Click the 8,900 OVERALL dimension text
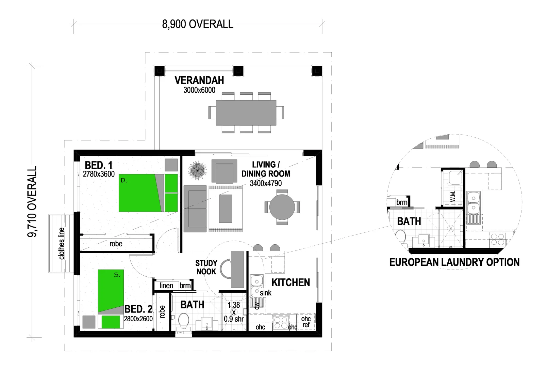point(198,24)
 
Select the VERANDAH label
point(199,80)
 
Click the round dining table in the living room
point(282,207)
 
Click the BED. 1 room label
point(98,165)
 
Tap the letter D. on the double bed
point(124,181)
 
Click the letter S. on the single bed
point(117,275)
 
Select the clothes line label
point(62,243)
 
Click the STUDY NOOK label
point(206,267)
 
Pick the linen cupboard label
point(166,286)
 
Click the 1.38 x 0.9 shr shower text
point(234,312)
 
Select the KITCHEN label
point(291,282)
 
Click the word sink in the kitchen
point(266,293)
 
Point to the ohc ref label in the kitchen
point(306,322)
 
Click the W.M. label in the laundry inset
point(453,197)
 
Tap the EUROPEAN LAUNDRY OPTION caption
point(454,262)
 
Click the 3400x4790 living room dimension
point(266,183)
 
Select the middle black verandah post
point(238,71)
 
